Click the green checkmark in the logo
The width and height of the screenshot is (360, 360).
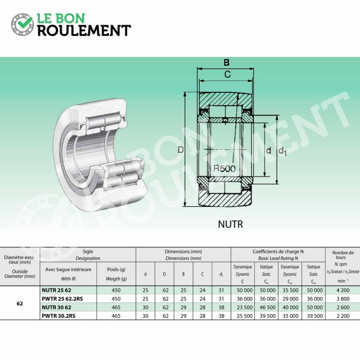(25, 23)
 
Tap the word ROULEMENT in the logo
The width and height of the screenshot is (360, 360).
(84, 31)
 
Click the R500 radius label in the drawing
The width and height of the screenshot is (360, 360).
(224, 169)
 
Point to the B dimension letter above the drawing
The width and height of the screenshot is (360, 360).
(226, 63)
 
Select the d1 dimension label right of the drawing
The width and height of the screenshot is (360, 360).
(283, 151)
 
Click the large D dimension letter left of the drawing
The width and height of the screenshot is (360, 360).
(181, 150)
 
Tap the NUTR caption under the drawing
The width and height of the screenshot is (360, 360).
(230, 224)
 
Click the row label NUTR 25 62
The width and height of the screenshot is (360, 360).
(57, 290)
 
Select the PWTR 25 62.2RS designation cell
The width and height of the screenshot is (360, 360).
(62, 299)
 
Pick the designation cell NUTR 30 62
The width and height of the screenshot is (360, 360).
(57, 307)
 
